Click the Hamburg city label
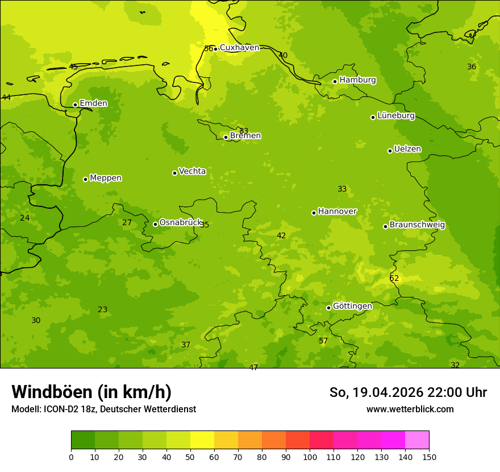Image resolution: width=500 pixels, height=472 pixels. pyautogui.click(x=357, y=80)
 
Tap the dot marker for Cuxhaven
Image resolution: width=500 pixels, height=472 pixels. pyautogui.click(x=215, y=49)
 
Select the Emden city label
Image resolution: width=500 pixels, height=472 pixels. pyautogui.click(x=93, y=103)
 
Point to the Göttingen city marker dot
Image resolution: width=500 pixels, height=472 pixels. pyautogui.click(x=328, y=308)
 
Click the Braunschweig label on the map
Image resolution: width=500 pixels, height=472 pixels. pyautogui.click(x=417, y=225)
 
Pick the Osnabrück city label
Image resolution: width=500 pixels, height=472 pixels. pyautogui.click(x=181, y=223)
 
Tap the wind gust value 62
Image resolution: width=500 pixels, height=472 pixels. pyautogui.click(x=394, y=279)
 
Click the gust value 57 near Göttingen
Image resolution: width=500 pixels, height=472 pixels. pyautogui.click(x=323, y=341)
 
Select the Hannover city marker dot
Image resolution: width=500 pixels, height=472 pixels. pyautogui.click(x=314, y=213)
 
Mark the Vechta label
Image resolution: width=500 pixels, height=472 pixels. pyautogui.click(x=192, y=171)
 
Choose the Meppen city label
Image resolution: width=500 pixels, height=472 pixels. pyautogui.click(x=106, y=178)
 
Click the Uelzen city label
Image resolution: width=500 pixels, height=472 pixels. pyautogui.click(x=407, y=150)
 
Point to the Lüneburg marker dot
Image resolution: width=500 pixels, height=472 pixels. pyautogui.click(x=373, y=117)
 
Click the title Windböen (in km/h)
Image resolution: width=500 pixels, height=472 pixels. pyautogui.click(x=91, y=392)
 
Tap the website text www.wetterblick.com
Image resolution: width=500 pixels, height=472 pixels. pyautogui.click(x=410, y=409)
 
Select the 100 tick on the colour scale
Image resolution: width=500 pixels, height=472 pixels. pyautogui.click(x=310, y=457)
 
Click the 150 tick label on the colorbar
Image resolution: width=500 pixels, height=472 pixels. pyautogui.click(x=429, y=457)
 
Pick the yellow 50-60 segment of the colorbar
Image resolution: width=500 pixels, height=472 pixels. pyautogui.click(x=202, y=440)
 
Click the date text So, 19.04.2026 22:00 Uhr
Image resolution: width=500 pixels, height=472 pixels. pyautogui.click(x=408, y=392)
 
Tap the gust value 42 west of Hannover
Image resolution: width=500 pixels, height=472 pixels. pyautogui.click(x=281, y=236)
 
